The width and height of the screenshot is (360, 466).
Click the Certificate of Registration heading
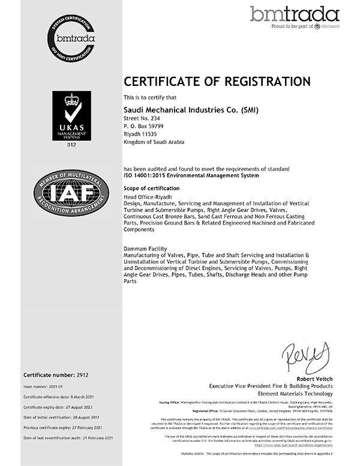click(217, 81)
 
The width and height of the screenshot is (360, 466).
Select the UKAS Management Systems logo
click(71, 116)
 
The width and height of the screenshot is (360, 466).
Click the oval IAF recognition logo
click(71, 196)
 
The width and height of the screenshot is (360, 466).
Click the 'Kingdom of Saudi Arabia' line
click(154, 142)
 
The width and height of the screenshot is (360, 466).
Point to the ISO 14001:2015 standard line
click(191, 175)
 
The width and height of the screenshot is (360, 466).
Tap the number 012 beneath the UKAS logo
click(71, 145)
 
